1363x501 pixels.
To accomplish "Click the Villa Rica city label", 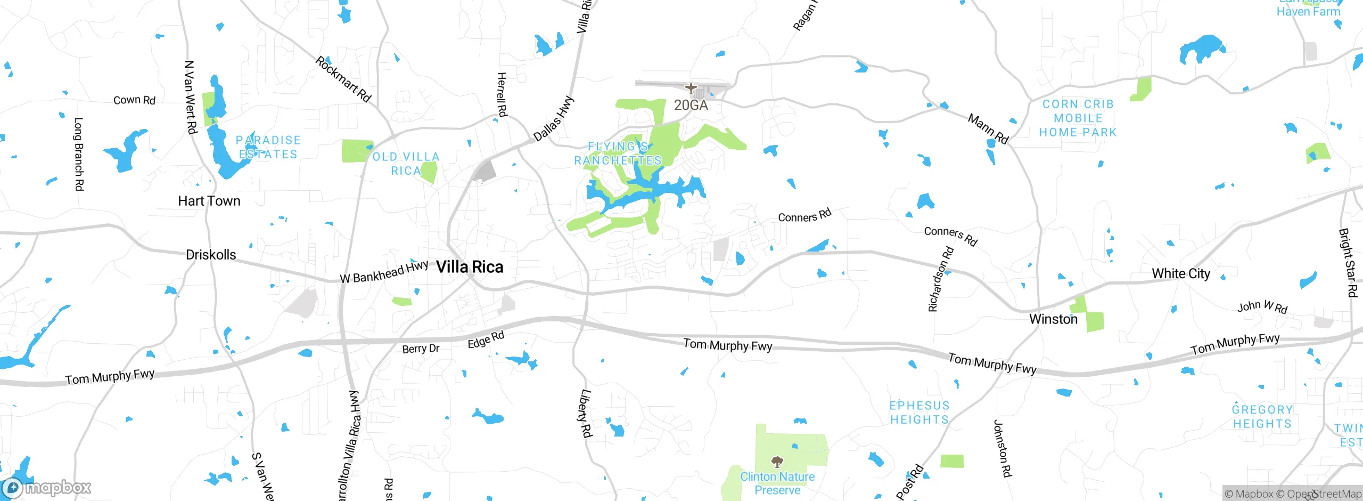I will [x=470, y=267].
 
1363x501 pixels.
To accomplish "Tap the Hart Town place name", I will [x=209, y=201].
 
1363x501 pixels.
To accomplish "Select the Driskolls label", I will [x=211, y=255].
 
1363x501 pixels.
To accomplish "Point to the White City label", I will [x=1181, y=273].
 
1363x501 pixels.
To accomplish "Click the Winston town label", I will [x=1053, y=319].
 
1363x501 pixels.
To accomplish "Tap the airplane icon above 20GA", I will [x=691, y=88].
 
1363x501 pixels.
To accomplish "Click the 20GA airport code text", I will [x=691, y=105].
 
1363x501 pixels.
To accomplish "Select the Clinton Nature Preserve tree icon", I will [x=777, y=461].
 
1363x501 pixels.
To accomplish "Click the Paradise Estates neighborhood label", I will [x=268, y=147].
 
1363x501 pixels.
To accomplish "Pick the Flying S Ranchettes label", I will [x=618, y=153].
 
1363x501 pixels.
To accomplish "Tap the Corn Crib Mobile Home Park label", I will [x=1078, y=118].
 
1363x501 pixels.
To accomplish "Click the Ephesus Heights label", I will [x=919, y=413].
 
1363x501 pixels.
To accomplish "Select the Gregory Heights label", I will [x=1262, y=417].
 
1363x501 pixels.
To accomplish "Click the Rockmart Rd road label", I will [x=343, y=79].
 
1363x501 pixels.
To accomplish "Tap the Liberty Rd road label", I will [x=585, y=413].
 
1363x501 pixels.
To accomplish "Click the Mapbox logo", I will [x=47, y=487].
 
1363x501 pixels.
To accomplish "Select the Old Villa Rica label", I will [x=406, y=164].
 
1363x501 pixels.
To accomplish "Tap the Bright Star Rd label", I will [x=1348, y=263].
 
